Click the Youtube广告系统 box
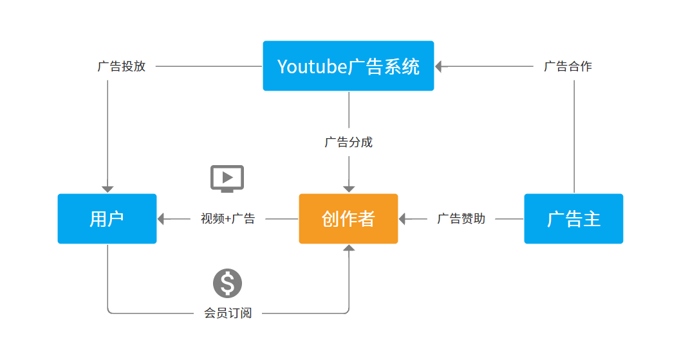348,66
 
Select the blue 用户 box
107,218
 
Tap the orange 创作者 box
348,218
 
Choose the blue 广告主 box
573,218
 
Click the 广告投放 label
122,66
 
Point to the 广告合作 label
568,66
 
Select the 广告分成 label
348,142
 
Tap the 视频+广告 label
228,218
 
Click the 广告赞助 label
461,218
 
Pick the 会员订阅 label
228,313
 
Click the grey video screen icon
227,178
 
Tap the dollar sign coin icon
227,283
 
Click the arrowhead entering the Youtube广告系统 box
440,66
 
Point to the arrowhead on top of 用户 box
107,189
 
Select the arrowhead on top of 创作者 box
349,189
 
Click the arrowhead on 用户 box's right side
162,219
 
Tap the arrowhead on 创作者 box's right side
403,219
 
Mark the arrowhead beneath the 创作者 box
349,248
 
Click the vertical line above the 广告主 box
574,135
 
